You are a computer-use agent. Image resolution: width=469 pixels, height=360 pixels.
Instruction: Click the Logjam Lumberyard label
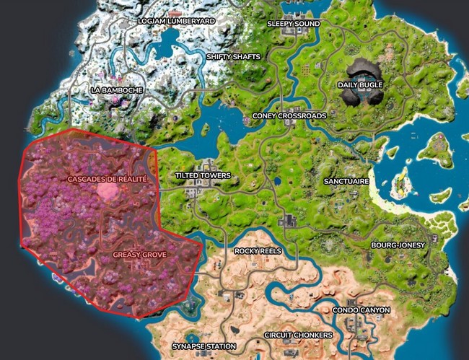(176, 22)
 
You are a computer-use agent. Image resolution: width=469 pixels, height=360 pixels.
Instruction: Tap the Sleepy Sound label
(293, 23)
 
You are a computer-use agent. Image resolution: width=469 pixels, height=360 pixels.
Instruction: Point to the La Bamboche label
(116, 90)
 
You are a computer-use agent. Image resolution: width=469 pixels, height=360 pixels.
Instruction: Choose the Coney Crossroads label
(289, 115)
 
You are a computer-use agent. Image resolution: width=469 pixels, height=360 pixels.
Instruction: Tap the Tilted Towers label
(203, 175)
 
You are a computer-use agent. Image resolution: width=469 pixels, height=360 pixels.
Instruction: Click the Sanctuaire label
(346, 181)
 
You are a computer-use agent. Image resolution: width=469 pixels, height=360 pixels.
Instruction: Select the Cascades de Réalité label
(107, 178)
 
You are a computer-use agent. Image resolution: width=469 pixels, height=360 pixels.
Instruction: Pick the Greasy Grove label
(139, 255)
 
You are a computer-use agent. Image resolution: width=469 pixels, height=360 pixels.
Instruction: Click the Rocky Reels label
(257, 251)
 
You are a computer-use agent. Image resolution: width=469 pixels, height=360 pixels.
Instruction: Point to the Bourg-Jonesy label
(398, 245)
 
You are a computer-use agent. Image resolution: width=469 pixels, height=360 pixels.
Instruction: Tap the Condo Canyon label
(361, 310)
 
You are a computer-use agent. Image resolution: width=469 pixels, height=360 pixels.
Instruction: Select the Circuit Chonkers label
(298, 335)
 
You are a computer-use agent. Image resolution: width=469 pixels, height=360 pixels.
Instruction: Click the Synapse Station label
(203, 346)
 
